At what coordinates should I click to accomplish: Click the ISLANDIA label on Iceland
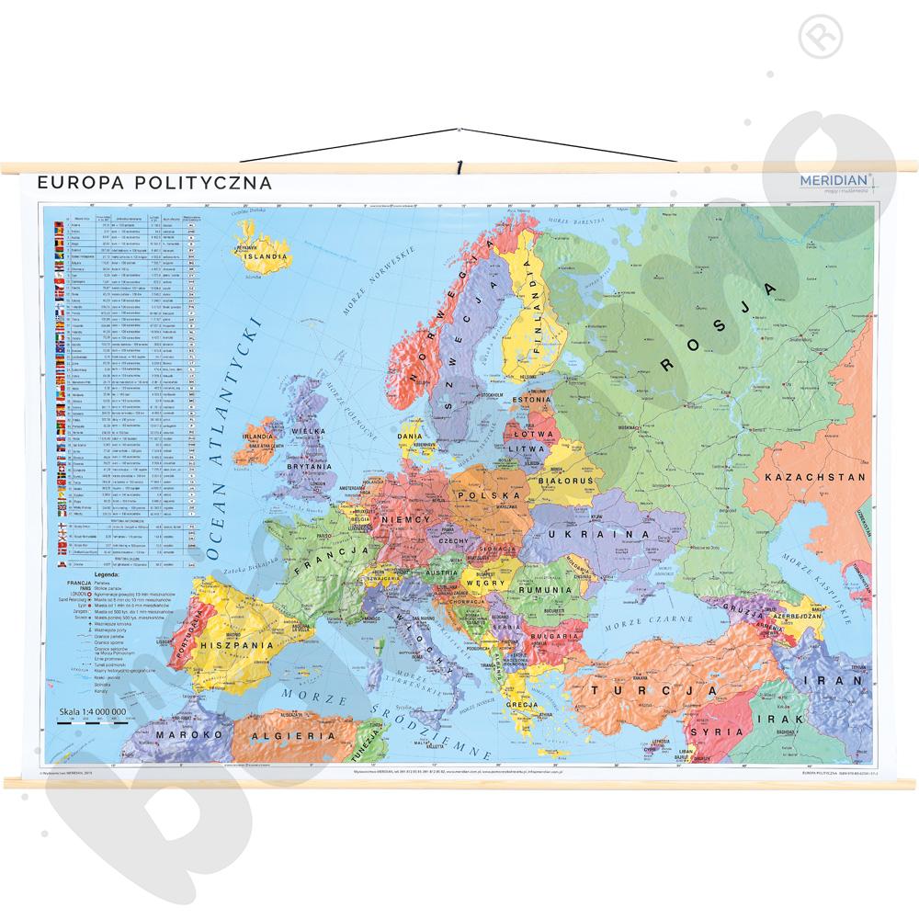click(267, 258)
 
